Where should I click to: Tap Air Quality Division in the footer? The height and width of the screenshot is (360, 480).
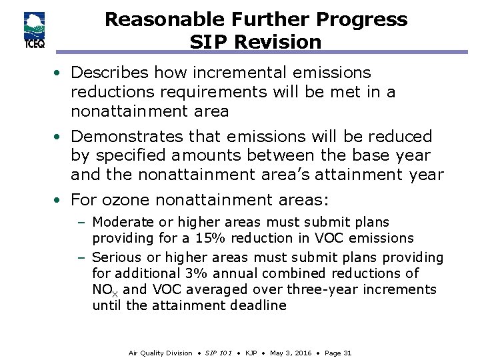(x=159, y=353)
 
